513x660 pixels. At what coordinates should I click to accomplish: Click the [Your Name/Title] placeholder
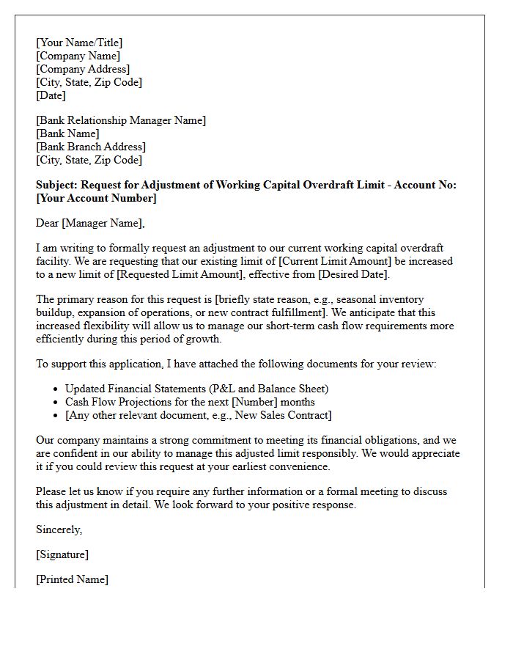point(79,43)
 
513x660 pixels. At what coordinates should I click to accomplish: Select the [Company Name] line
point(78,56)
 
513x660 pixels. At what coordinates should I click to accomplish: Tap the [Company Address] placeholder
point(83,69)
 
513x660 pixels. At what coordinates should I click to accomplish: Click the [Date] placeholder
point(51,95)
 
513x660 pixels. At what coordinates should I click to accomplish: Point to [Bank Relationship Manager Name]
point(121,120)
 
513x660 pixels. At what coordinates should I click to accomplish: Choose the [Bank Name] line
point(67,133)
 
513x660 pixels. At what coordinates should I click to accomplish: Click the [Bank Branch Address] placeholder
point(91,147)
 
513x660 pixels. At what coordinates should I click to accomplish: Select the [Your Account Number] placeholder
point(96,198)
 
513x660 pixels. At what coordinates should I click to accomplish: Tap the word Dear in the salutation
point(48,223)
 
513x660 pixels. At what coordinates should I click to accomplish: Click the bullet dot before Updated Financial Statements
point(56,389)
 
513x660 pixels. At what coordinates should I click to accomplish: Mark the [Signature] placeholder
point(62,554)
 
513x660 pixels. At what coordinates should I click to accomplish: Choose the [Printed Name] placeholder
point(72,579)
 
